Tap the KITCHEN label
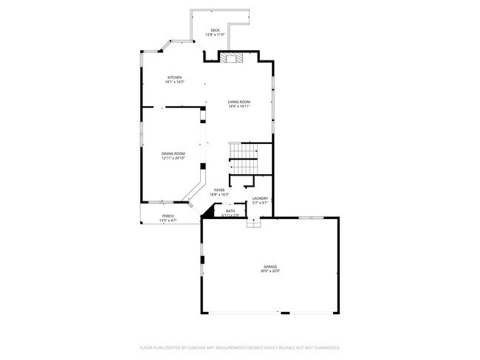click(x=174, y=77)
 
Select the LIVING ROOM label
click(x=239, y=102)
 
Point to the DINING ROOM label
click(x=174, y=153)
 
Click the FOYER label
click(x=219, y=190)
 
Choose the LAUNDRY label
click(x=260, y=198)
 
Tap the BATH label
click(x=230, y=211)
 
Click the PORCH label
click(x=168, y=216)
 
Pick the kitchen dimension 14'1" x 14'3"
click(x=174, y=81)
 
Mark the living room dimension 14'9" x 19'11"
click(x=239, y=106)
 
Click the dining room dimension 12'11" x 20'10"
click(x=174, y=157)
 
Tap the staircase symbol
click(x=243, y=156)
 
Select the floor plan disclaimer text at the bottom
click(x=239, y=347)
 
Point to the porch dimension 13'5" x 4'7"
click(x=168, y=221)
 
